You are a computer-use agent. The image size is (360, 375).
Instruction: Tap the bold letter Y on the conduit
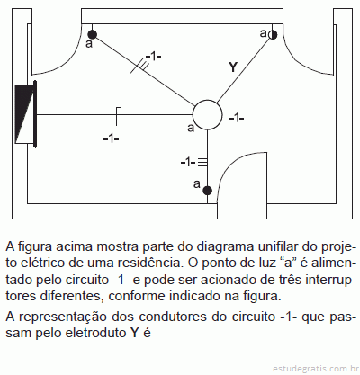point(233,67)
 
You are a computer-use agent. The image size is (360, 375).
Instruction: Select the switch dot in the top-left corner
point(93,34)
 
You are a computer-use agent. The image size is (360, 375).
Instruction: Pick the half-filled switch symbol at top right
point(273,35)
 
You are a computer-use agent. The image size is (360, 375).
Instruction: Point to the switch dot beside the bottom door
point(207,191)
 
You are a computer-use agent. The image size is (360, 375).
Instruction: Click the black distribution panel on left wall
point(26,114)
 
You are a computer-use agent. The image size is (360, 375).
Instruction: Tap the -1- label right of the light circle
point(237,119)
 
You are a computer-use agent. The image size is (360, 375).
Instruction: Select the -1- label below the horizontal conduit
point(111,138)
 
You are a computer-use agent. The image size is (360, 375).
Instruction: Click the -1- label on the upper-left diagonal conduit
point(153,57)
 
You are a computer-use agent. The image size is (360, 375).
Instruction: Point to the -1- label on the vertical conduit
point(188,163)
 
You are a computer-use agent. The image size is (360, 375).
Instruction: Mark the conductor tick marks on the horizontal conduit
point(115,115)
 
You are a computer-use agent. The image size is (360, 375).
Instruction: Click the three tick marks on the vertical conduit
point(203,162)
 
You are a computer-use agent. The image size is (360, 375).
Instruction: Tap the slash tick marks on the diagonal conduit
point(140,67)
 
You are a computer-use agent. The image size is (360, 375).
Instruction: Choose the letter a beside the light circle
point(191,128)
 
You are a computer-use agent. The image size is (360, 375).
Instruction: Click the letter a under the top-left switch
point(89,44)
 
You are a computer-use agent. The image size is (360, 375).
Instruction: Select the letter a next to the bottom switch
point(197,183)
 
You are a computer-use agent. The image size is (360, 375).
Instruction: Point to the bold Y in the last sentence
point(135,333)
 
